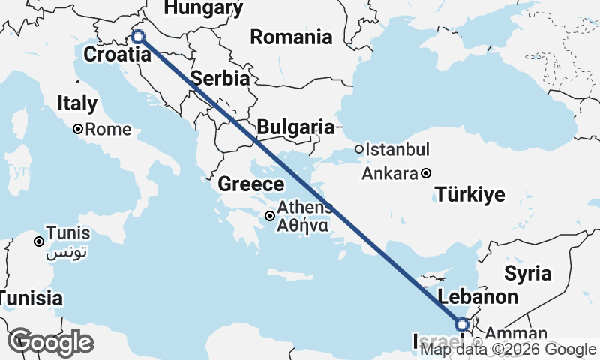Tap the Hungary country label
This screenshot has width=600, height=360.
(x=203, y=8)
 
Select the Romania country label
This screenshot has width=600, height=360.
(x=291, y=37)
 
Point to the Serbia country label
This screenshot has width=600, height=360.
(x=220, y=79)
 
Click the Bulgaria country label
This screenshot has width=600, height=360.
(x=295, y=127)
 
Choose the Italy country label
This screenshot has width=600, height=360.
(x=78, y=103)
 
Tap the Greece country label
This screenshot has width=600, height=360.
(x=251, y=184)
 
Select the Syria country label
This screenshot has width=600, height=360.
(x=527, y=273)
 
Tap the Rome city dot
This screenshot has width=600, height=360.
(x=77, y=130)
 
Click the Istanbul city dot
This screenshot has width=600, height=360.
(x=359, y=149)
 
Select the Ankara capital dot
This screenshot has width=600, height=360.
(x=426, y=173)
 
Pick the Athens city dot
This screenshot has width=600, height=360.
(x=270, y=216)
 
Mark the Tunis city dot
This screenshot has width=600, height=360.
(x=38, y=241)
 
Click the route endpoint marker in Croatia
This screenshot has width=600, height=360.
(x=137, y=36)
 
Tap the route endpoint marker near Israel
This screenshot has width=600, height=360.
(x=462, y=324)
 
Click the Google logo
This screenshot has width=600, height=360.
(x=50, y=342)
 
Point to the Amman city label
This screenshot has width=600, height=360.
(x=511, y=333)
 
